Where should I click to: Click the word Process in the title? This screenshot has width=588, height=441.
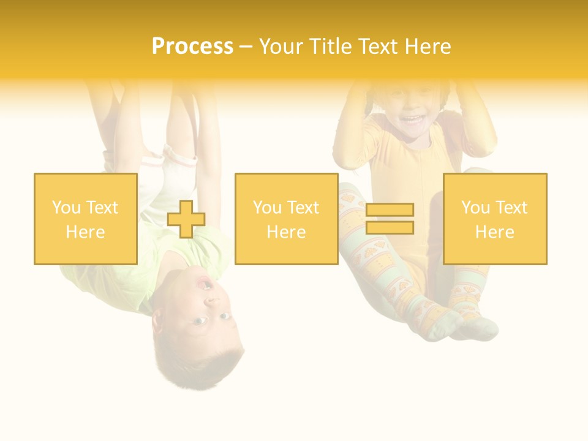[x=192, y=47]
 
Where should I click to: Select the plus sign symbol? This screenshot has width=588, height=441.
[x=186, y=219]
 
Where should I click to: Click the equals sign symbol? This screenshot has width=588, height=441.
[x=390, y=219]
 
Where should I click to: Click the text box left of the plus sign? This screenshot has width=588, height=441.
[x=86, y=219]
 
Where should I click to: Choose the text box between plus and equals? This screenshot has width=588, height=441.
[x=286, y=219]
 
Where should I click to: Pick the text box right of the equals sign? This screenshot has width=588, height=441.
[x=494, y=219]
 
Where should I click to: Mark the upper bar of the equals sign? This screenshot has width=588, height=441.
[x=390, y=210]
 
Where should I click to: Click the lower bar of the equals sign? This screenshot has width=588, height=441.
[x=390, y=228]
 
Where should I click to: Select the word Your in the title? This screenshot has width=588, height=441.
[x=279, y=47]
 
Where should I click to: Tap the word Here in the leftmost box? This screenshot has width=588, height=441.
[x=86, y=232]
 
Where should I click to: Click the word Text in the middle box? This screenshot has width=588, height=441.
[x=303, y=208]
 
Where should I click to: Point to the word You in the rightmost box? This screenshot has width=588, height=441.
[x=476, y=208]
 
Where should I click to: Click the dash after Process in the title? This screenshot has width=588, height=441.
[x=246, y=47]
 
